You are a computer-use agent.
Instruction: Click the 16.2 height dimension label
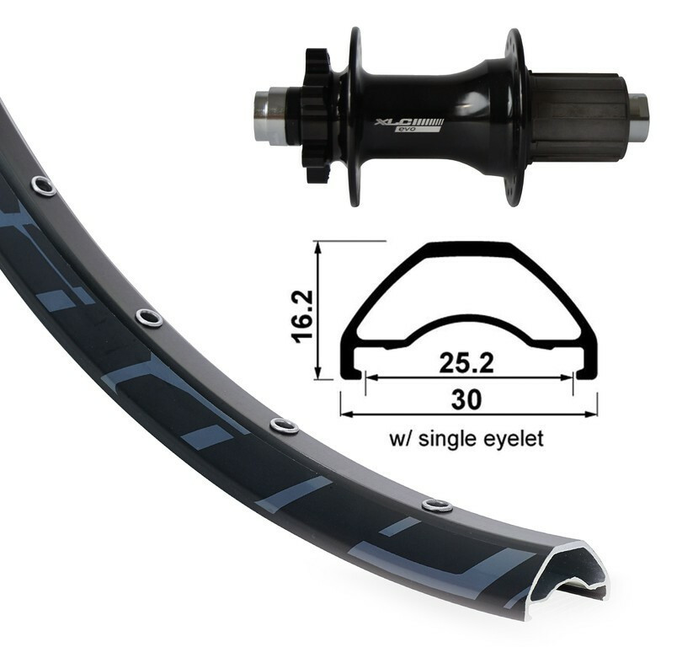point(302,316)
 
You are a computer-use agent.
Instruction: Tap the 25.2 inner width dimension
point(466,362)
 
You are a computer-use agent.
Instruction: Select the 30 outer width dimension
point(466,400)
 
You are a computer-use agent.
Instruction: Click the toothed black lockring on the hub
point(317,115)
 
